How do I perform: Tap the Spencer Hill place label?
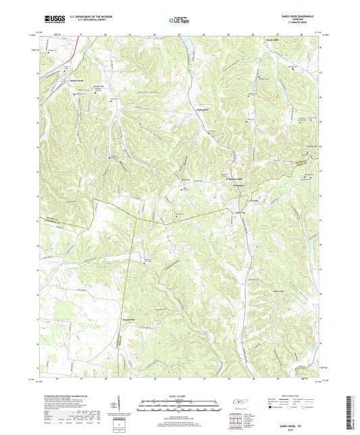(x=233, y=178)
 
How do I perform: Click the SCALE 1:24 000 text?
(x=180, y=394)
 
